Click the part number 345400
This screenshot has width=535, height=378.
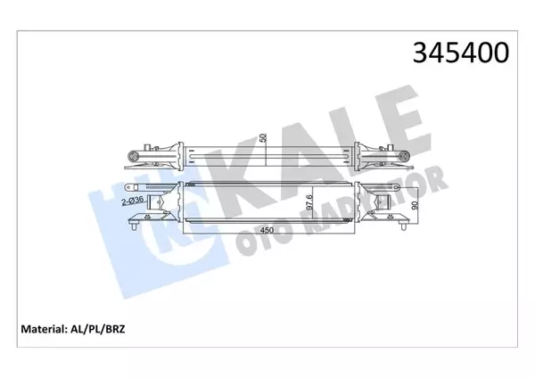point(459,53)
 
